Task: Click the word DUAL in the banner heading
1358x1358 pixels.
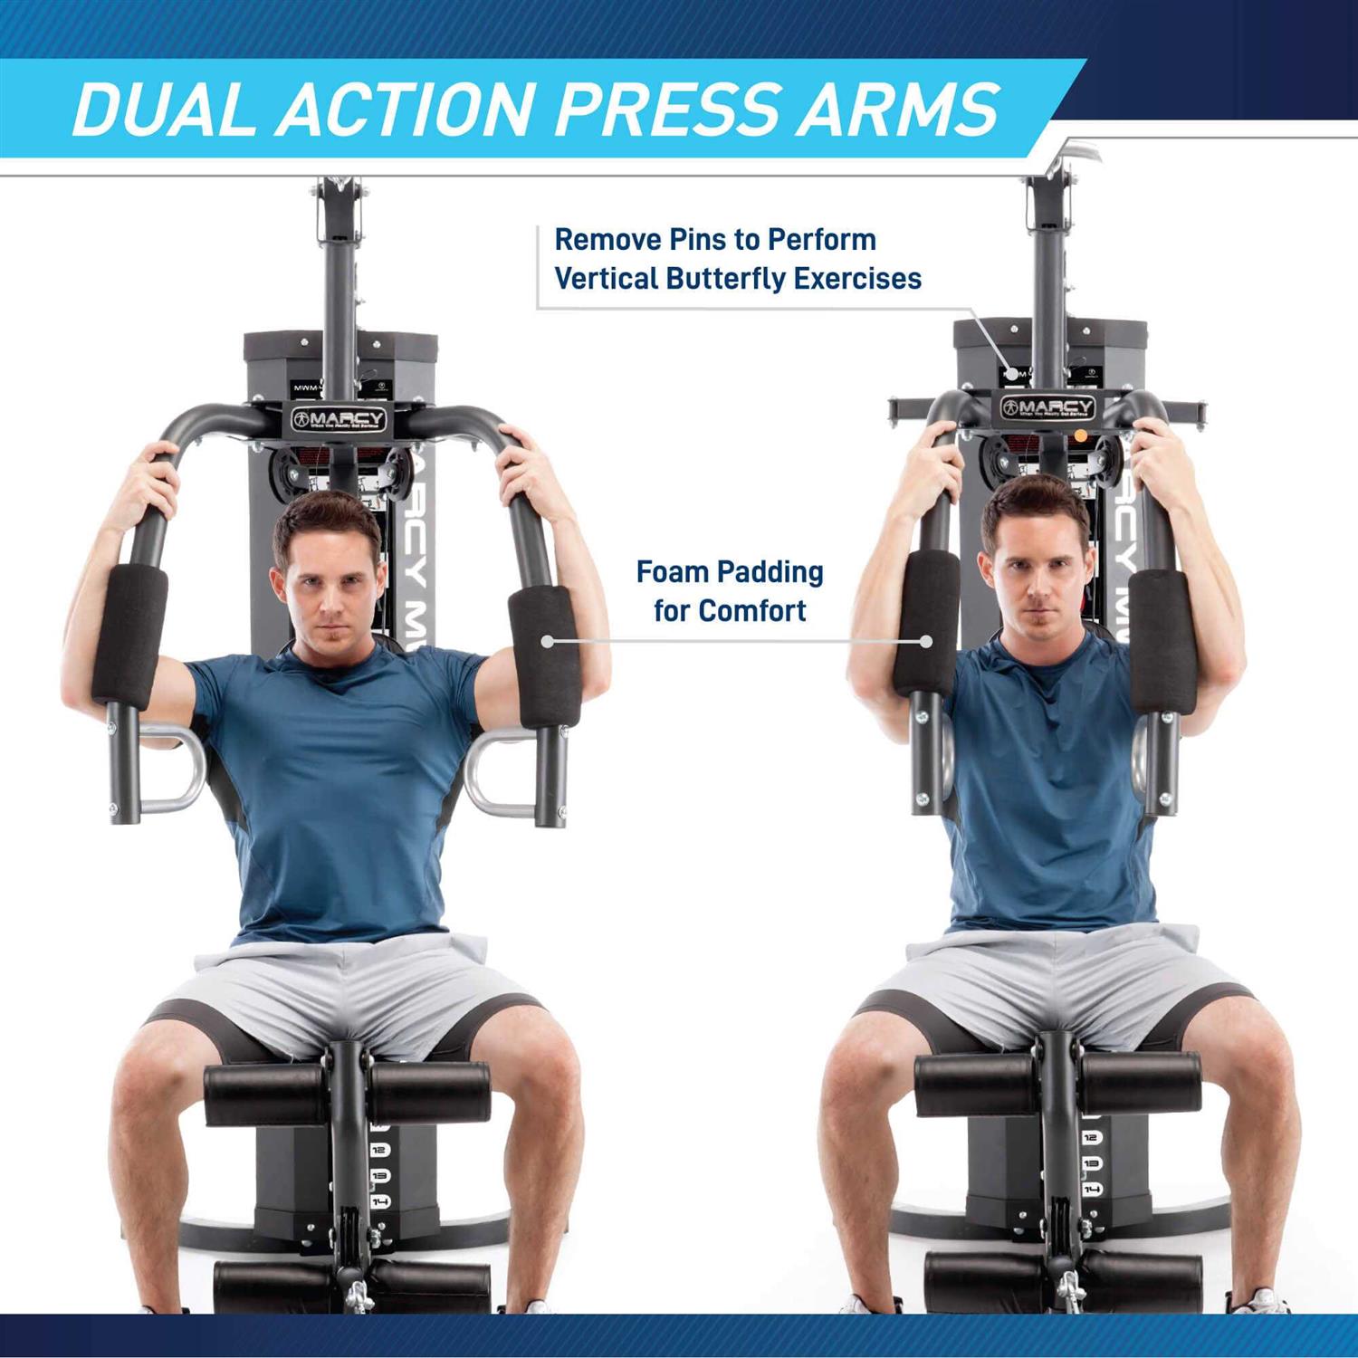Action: point(162,110)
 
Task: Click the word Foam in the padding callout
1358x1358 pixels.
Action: point(671,572)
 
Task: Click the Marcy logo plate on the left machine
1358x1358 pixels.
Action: point(339,419)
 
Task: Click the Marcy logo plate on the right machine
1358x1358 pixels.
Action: point(1047,407)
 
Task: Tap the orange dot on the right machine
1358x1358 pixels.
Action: point(1080,435)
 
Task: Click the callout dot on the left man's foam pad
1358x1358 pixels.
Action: point(547,641)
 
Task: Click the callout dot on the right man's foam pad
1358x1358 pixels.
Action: point(925,641)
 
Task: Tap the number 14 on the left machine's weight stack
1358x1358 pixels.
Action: point(380,1202)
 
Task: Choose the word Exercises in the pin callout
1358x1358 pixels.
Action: point(857,278)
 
